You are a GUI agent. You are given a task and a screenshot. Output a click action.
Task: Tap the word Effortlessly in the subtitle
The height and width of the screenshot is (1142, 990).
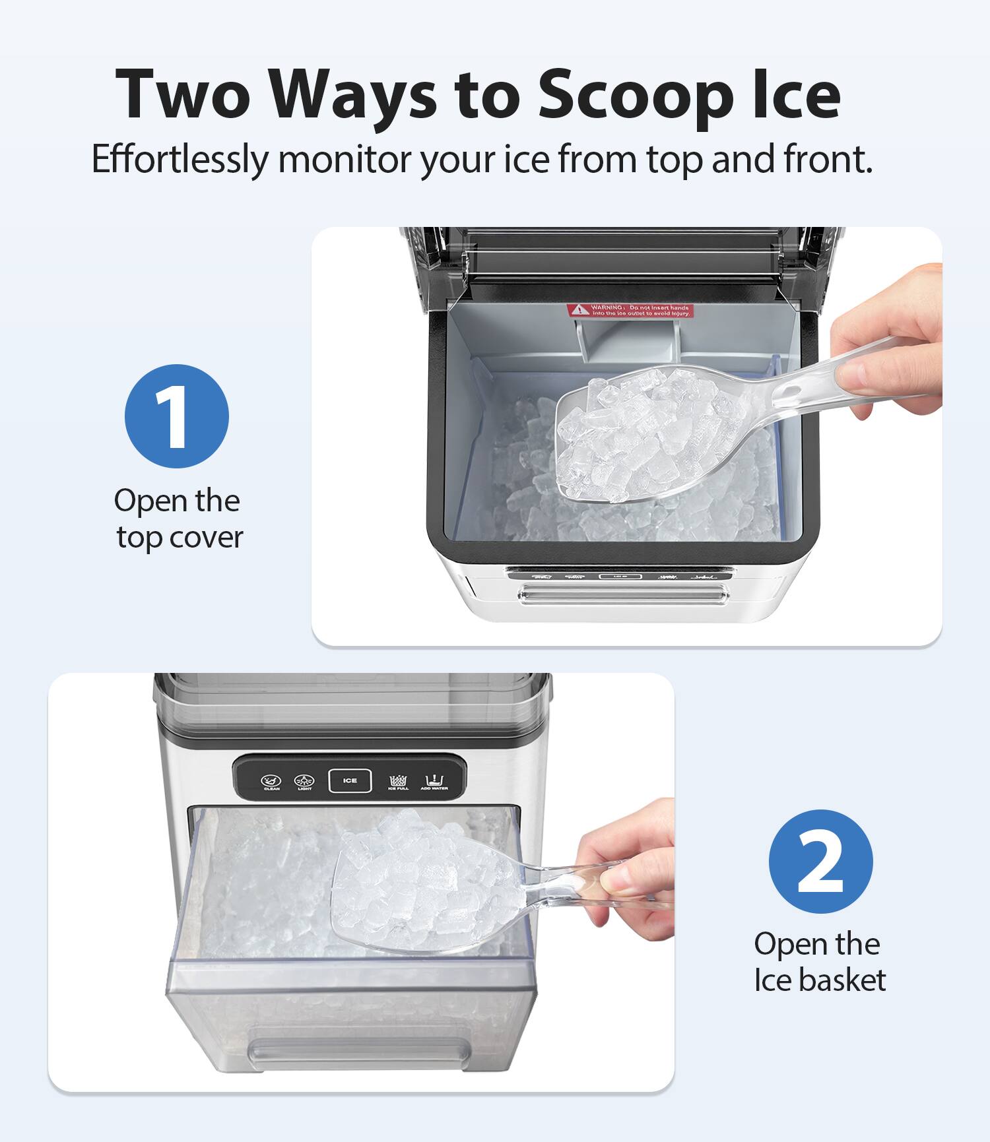pyautogui.click(x=180, y=159)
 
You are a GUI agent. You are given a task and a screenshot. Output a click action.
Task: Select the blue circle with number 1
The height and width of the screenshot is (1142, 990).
pyautogui.click(x=177, y=416)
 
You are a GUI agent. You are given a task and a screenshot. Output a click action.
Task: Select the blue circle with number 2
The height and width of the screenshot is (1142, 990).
pyautogui.click(x=820, y=861)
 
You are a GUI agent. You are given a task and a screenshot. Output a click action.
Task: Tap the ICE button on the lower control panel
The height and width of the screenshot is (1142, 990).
pyautogui.click(x=350, y=780)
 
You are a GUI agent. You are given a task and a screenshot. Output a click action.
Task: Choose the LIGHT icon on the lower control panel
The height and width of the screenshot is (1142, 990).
pyautogui.click(x=304, y=782)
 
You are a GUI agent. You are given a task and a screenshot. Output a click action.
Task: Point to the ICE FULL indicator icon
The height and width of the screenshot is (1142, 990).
pyautogui.click(x=398, y=782)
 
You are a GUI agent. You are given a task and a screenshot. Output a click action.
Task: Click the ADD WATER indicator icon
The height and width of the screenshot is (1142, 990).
pyautogui.click(x=434, y=782)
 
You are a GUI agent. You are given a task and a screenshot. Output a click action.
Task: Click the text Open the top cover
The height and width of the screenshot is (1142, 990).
pyautogui.click(x=178, y=519)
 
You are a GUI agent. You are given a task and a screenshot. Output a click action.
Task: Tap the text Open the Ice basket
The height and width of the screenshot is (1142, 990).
pyautogui.click(x=818, y=962)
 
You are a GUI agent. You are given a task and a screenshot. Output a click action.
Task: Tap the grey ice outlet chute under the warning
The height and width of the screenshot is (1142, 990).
pyautogui.click(x=627, y=340)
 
